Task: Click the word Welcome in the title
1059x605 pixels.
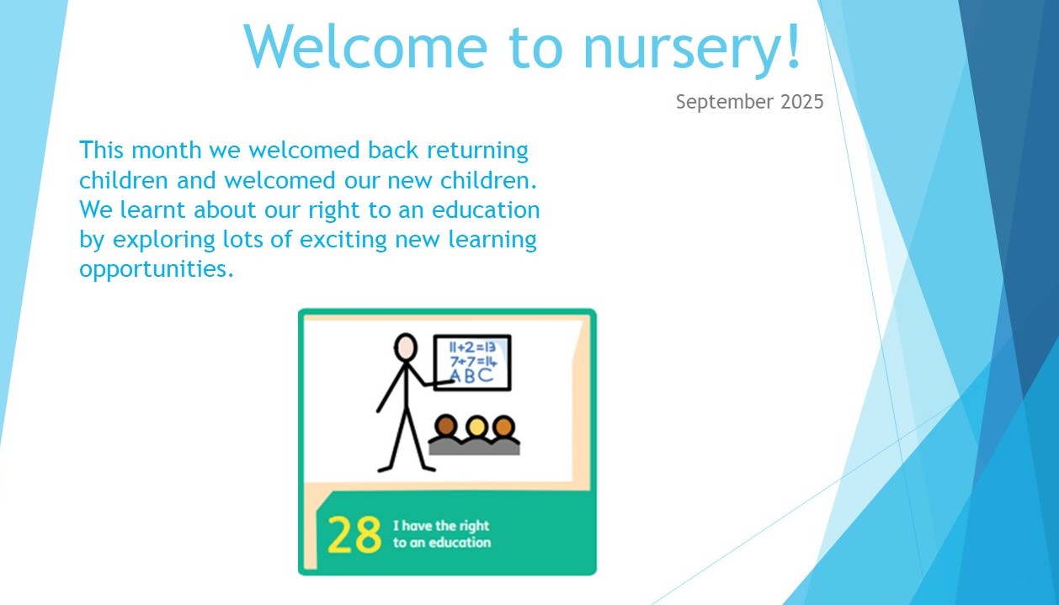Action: pyautogui.click(x=365, y=45)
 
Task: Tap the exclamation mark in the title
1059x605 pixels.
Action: pyautogui.click(x=794, y=45)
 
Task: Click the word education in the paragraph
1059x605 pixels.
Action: pyautogui.click(x=486, y=210)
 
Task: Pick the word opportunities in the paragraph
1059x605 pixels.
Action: pyautogui.click(x=157, y=269)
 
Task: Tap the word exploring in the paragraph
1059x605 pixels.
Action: pyautogui.click(x=163, y=240)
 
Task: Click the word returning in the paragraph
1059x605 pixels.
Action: pyautogui.click(x=477, y=151)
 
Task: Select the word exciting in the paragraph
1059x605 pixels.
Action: pyautogui.click(x=343, y=240)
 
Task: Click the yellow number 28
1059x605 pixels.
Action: pyautogui.click(x=354, y=534)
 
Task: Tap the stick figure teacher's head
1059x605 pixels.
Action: pyautogui.click(x=406, y=348)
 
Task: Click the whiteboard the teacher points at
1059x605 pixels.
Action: pyautogui.click(x=472, y=363)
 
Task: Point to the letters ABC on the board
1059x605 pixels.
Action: pyautogui.click(x=471, y=376)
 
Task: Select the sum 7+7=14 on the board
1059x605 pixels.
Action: pyautogui.click(x=473, y=362)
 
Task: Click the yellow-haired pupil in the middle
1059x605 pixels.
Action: pyautogui.click(x=477, y=427)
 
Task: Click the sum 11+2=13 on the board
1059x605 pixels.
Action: pyautogui.click(x=471, y=348)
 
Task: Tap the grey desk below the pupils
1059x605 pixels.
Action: pyautogui.click(x=474, y=447)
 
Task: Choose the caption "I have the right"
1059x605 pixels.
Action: pyautogui.click(x=441, y=526)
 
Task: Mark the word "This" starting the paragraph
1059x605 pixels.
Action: pyautogui.click(x=102, y=151)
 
